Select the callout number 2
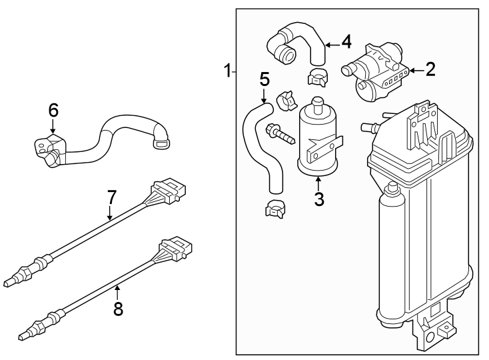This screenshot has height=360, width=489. coord(430,69)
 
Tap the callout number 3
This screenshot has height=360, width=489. coord(319,199)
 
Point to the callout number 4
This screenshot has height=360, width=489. coord(345,42)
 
